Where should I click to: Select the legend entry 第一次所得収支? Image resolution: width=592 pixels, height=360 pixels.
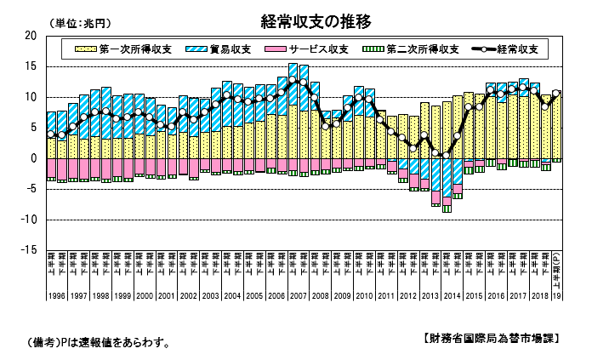click(x=119, y=49)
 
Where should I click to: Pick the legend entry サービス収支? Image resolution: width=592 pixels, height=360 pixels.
click(x=312, y=49)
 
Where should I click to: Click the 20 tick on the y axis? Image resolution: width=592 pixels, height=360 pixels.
click(x=31, y=36)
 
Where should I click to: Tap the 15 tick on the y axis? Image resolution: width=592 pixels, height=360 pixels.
click(x=31, y=66)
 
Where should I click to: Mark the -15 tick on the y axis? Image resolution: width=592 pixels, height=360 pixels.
click(x=29, y=250)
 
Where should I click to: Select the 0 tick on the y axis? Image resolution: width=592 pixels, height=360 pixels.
click(x=34, y=158)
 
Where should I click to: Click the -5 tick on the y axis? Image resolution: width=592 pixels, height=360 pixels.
click(x=31, y=189)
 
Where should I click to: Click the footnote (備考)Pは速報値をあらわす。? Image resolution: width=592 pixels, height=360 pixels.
click(x=99, y=344)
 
